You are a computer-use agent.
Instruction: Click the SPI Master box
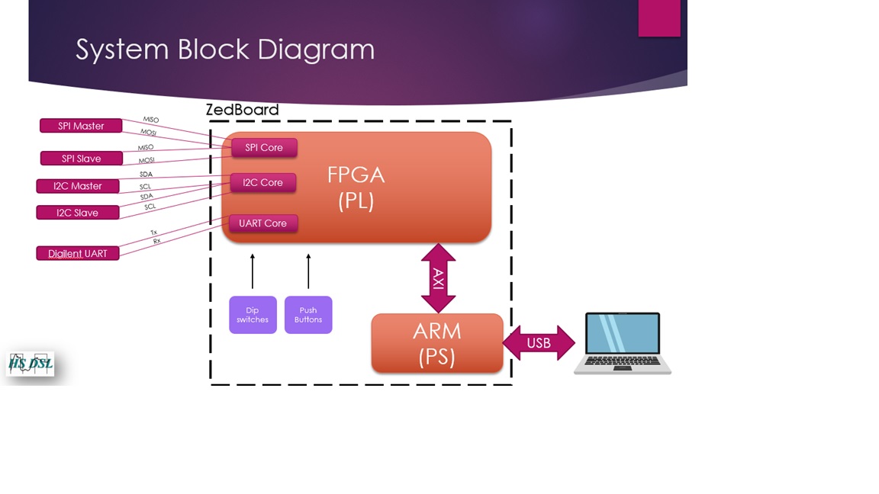(x=81, y=126)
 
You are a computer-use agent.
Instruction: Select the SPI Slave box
(x=81, y=159)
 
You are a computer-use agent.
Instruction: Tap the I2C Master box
(x=78, y=186)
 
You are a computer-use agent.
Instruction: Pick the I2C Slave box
(x=78, y=213)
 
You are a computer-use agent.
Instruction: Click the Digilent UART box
(x=78, y=253)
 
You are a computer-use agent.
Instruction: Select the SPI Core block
(x=264, y=148)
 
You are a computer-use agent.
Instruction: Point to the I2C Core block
(x=263, y=183)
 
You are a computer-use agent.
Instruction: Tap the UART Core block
(x=263, y=223)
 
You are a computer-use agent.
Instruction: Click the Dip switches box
(x=253, y=315)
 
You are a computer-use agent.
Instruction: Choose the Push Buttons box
(x=308, y=315)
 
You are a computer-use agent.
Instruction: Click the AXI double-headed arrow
(x=438, y=278)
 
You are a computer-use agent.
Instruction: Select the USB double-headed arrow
(x=539, y=343)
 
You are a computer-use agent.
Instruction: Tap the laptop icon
(x=623, y=343)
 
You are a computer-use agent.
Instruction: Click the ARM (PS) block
(x=437, y=344)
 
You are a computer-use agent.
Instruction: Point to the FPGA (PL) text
(x=356, y=188)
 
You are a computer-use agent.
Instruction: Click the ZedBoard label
(x=242, y=110)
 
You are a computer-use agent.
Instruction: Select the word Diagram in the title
(x=316, y=50)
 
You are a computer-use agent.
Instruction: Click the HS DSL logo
(x=31, y=364)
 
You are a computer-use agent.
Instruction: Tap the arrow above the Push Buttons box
(x=308, y=271)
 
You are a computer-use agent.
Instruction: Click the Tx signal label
(x=153, y=233)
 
